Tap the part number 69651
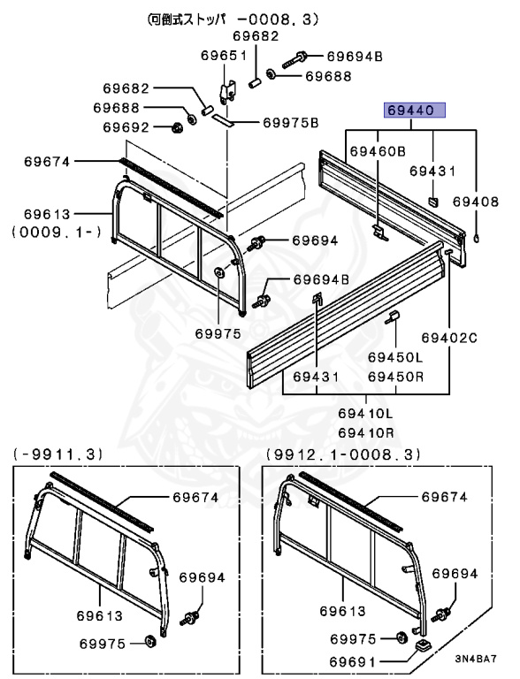pyautogui.click(x=223, y=56)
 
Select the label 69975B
pyautogui.click(x=291, y=123)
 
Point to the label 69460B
pyautogui.click(x=378, y=151)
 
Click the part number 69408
pyautogui.click(x=476, y=202)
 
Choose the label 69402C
pyautogui.click(x=449, y=338)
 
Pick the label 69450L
pyautogui.click(x=395, y=357)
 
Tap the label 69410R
pyautogui.click(x=366, y=432)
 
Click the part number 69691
pyautogui.click(x=353, y=661)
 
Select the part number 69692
pyautogui.click(x=126, y=127)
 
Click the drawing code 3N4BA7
pyautogui.click(x=476, y=659)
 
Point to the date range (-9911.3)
pyautogui.click(x=57, y=454)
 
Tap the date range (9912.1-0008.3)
pyautogui.click(x=343, y=454)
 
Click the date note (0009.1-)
pyautogui.click(x=57, y=233)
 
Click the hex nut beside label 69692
pyautogui.click(x=176, y=127)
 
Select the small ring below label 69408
pyautogui.click(x=477, y=237)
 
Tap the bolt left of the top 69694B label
pyautogui.click(x=295, y=59)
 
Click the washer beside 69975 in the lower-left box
pyautogui.click(x=149, y=641)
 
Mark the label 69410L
pyautogui.click(x=366, y=414)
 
